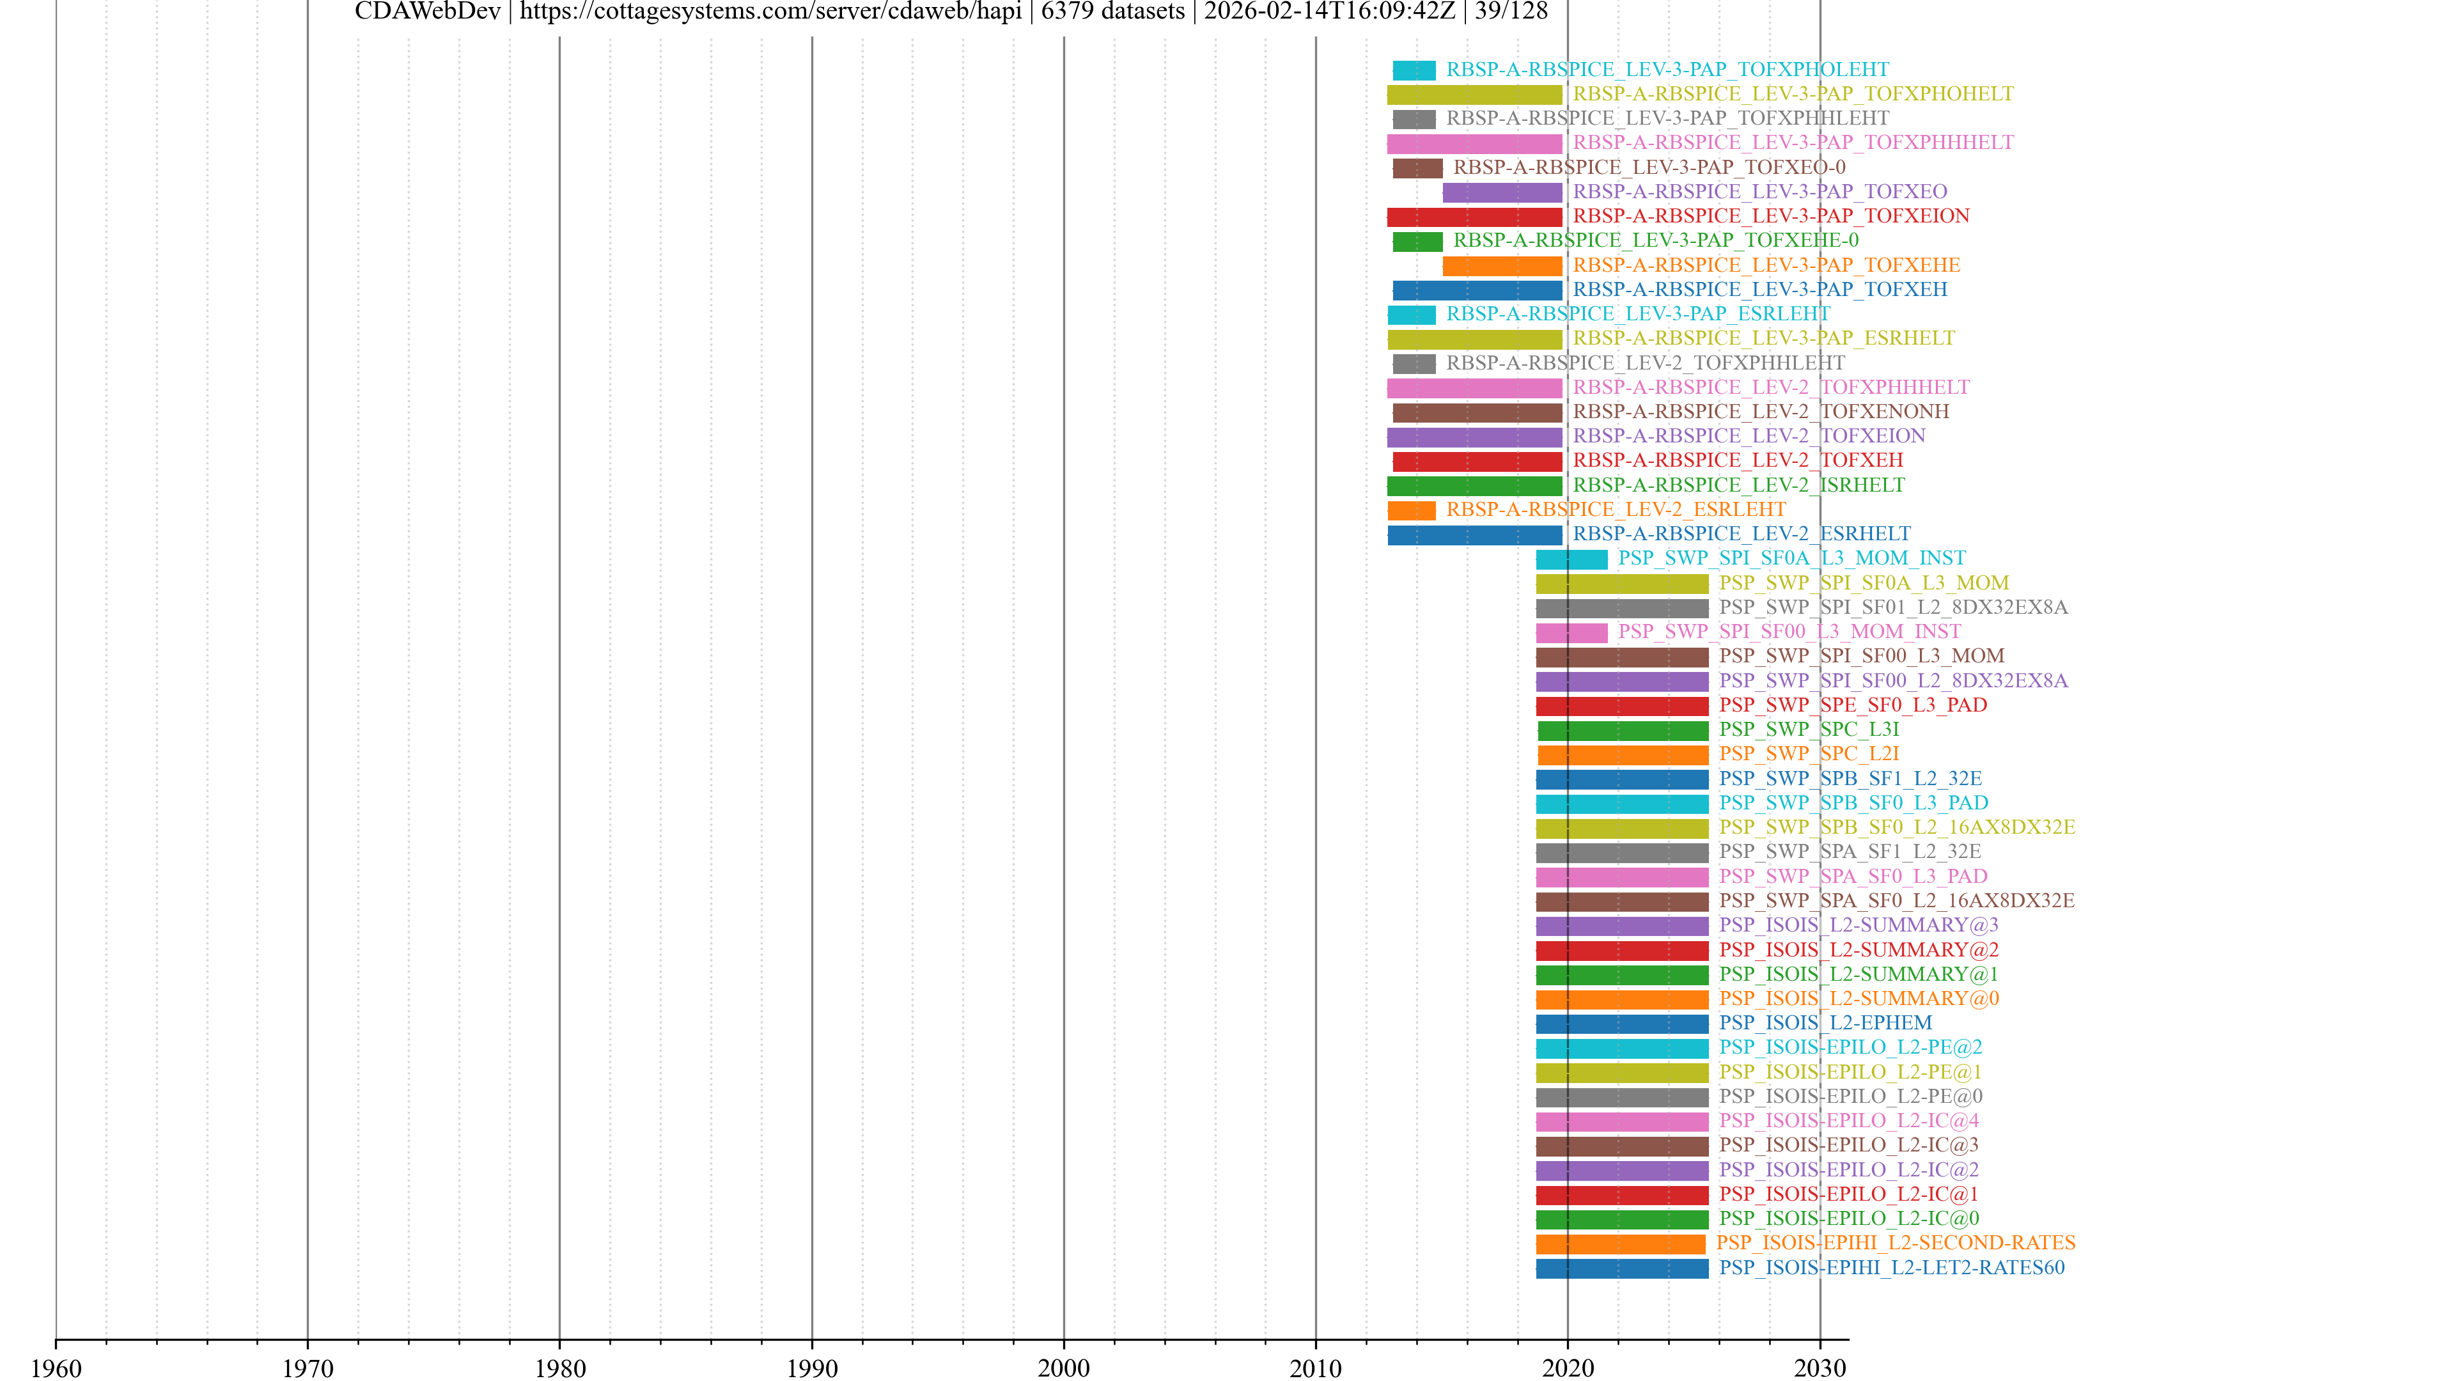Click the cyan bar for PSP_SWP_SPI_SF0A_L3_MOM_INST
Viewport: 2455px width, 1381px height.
(x=1571, y=559)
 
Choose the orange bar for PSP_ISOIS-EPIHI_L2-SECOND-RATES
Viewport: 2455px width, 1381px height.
(x=1620, y=1244)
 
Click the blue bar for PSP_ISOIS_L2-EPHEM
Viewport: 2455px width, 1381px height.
(x=1622, y=1024)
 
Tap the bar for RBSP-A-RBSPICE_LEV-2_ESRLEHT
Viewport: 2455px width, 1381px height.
(x=1412, y=511)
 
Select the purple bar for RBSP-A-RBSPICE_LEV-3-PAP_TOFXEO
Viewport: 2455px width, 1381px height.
(x=1502, y=192)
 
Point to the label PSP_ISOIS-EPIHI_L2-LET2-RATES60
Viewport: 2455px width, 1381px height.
(x=1892, y=1268)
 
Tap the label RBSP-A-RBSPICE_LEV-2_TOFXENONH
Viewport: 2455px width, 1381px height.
(x=1760, y=412)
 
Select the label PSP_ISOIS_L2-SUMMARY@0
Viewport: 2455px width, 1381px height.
(x=1859, y=999)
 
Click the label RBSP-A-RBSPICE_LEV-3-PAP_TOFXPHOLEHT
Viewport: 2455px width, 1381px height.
(x=1667, y=70)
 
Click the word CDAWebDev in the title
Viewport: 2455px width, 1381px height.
(x=427, y=12)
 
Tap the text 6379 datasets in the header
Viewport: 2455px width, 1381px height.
(x=1112, y=12)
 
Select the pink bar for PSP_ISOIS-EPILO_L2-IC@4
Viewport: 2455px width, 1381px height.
(x=1622, y=1122)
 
